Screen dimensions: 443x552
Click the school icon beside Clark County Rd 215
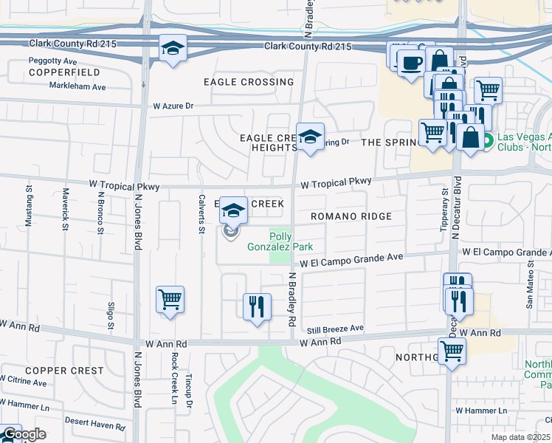coord(173,49)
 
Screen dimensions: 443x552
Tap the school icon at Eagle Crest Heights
coord(311,137)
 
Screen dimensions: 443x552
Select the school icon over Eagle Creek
coord(234,211)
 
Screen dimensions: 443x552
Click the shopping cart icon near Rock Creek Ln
coord(170,300)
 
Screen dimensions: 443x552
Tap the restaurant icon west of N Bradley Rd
coord(256,306)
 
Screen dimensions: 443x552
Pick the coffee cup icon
coord(410,62)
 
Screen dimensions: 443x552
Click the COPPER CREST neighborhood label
coord(58,370)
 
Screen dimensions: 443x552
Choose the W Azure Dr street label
coord(173,106)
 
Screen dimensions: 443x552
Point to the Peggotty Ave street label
coord(53,60)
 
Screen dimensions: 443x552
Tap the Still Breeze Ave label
coord(336,328)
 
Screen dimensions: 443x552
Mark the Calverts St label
coord(201,213)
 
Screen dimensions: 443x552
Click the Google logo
coord(24,434)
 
